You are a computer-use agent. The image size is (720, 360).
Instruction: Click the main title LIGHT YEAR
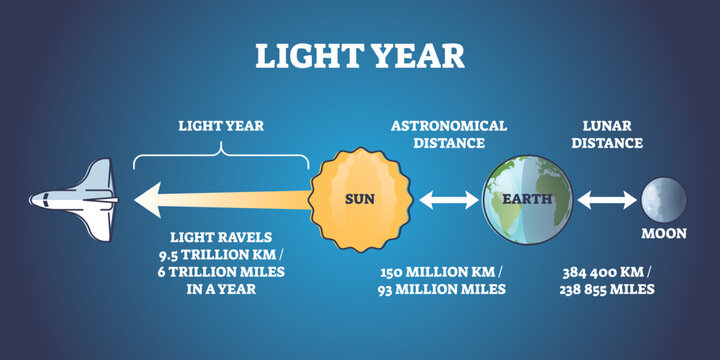(x=359, y=54)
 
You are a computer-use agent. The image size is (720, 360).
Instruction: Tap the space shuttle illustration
(x=74, y=201)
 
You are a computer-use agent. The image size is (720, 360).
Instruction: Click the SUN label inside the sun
(x=360, y=198)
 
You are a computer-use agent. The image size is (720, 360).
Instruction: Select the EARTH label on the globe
(x=528, y=198)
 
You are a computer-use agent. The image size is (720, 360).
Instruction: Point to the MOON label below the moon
(x=664, y=234)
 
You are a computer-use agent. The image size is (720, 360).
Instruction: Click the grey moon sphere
(x=664, y=199)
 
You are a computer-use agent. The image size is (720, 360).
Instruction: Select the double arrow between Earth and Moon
(x=606, y=201)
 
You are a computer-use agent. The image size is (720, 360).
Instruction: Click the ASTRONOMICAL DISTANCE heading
(x=449, y=134)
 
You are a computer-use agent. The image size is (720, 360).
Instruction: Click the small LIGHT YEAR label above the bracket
(x=221, y=126)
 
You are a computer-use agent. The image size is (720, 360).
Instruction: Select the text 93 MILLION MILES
(x=442, y=290)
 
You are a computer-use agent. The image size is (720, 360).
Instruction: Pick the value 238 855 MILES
(x=608, y=290)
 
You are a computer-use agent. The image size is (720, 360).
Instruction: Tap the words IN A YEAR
(x=221, y=290)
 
